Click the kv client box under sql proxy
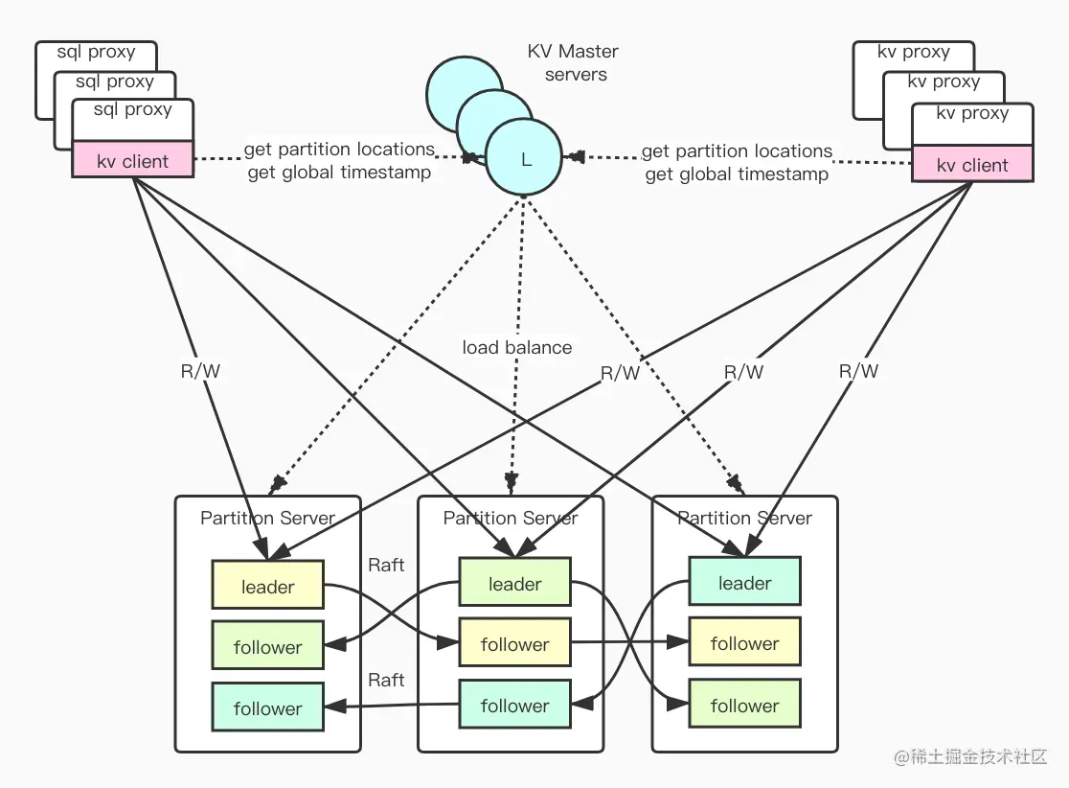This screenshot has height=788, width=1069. coord(133,161)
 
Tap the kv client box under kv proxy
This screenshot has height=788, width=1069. coord(972,165)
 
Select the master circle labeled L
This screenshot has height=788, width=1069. coord(525,160)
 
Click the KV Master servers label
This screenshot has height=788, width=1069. coord(574,62)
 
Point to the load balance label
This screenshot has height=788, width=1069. coord(517,347)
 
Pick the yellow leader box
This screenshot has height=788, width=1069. coord(268,586)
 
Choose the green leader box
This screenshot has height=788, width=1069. coord(515,583)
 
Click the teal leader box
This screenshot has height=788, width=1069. coord(744,582)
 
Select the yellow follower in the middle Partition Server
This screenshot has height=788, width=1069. coord(515,644)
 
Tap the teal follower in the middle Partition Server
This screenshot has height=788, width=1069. coord(515,706)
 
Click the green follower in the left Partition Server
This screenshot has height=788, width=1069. coord(268,647)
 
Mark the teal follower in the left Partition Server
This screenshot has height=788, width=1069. coord(268,708)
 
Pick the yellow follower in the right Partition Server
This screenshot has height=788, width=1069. coord(744,643)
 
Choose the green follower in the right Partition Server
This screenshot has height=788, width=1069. coord(744,706)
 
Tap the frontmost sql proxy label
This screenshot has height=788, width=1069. coord(133,109)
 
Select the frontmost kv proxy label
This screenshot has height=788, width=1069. coord(972,113)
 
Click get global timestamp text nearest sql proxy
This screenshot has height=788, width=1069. coord(339,173)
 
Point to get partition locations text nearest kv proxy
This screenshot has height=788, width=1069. coord(737,151)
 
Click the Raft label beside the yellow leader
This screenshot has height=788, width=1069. coord(386,565)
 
